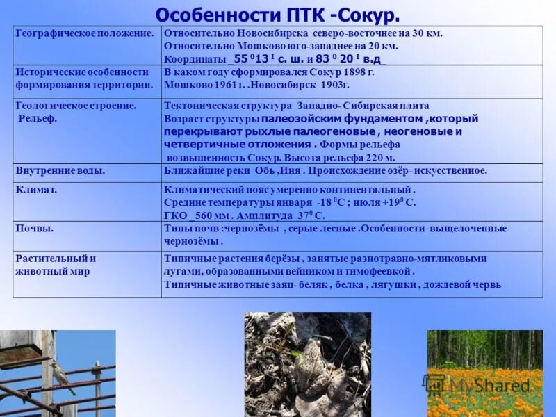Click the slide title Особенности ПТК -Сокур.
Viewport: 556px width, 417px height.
[x=278, y=14]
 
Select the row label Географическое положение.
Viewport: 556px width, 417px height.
[x=85, y=33]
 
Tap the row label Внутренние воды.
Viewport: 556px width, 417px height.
[x=60, y=170]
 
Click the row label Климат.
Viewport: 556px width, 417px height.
[x=36, y=189]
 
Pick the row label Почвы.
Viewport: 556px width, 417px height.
[x=35, y=228]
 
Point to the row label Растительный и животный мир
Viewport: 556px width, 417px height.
[x=56, y=265]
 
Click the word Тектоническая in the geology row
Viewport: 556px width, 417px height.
[x=199, y=106]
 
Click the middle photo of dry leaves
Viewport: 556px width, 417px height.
[x=308, y=364]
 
